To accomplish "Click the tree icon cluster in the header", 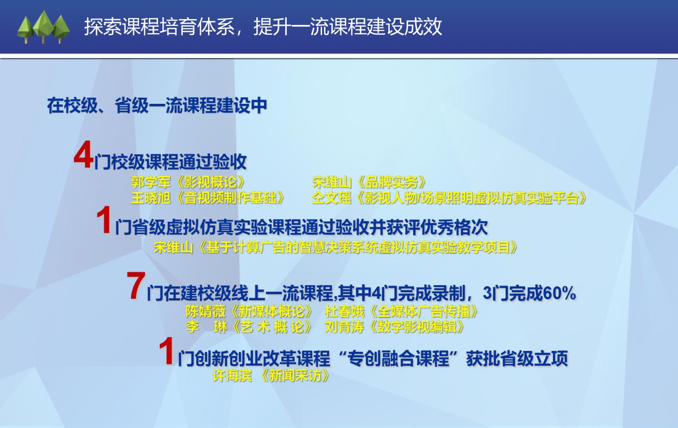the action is [x=44, y=27].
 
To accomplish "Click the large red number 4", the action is [x=83, y=154].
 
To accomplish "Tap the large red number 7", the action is [x=136, y=286].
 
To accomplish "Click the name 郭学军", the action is [x=151, y=182].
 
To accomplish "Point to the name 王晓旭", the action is [x=151, y=198].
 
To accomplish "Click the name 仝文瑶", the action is [x=331, y=198].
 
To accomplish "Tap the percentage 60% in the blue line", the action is [x=559, y=293].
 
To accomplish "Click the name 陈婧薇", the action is [x=206, y=311].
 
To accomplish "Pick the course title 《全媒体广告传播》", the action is [x=424, y=311].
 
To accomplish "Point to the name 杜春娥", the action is [x=344, y=311].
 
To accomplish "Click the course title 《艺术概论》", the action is [x=271, y=327].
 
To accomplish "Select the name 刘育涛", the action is [x=344, y=327].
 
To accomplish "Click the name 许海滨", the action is [x=232, y=375].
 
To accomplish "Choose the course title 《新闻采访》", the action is [x=295, y=375].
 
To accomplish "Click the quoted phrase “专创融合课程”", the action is [x=398, y=358].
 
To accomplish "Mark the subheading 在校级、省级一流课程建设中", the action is [x=157, y=106].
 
